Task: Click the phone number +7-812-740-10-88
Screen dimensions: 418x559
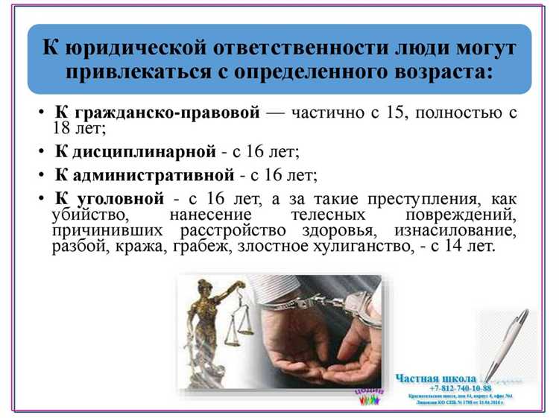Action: pyautogui.click(x=460, y=388)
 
